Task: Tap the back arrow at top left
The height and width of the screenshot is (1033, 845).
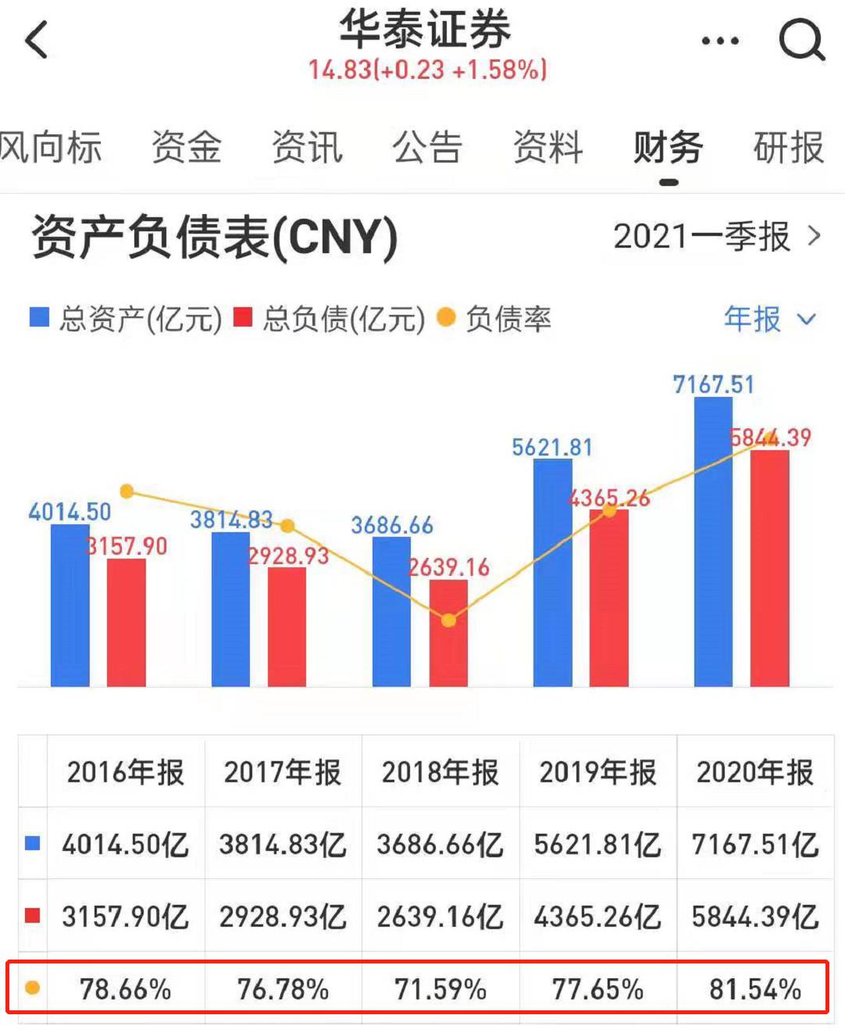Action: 37,39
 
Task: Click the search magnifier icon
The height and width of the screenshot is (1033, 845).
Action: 801,39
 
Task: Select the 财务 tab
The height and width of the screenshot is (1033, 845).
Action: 668,148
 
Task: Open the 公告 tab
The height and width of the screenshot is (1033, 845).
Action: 427,148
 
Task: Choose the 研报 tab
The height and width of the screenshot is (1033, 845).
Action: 788,148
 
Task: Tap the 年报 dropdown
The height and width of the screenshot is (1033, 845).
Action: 769,319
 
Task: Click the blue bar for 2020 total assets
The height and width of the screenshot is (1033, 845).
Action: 713,547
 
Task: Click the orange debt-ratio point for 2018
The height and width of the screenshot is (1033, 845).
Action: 448,620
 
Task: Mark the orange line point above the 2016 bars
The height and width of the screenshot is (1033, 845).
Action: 127,491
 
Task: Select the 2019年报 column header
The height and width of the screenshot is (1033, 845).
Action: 597,773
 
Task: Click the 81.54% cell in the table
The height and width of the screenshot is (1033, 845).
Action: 754,989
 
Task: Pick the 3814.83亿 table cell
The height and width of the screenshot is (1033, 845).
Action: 283,845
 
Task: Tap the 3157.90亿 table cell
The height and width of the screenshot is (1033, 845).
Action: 125,917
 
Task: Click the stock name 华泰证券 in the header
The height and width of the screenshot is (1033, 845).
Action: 426,30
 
